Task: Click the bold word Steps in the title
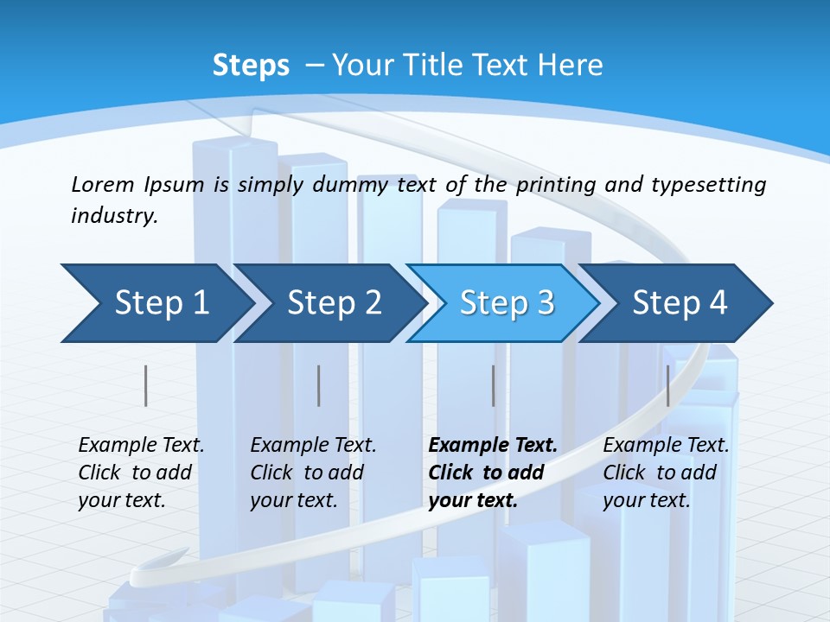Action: tap(251, 66)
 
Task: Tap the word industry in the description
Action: tap(114, 216)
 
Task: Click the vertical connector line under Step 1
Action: tap(146, 385)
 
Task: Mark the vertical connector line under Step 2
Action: tap(319, 385)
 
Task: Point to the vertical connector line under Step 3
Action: tap(494, 385)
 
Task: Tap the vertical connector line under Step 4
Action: tap(667, 385)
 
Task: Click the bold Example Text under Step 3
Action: tap(493, 446)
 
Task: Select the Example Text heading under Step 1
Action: tap(141, 446)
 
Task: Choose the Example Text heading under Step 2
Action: tap(313, 446)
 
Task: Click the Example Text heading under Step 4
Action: tap(666, 446)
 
